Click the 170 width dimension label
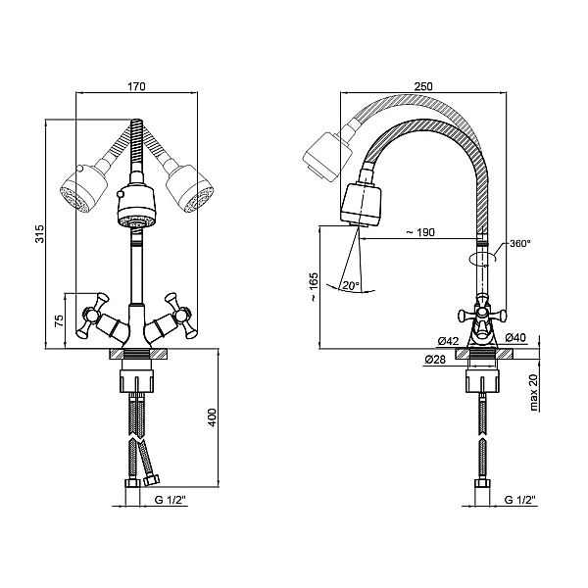(x=136, y=86)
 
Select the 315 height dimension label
(x=40, y=233)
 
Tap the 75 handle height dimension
(x=60, y=321)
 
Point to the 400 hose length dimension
(x=213, y=417)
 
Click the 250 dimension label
(x=423, y=86)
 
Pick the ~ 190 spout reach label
(x=420, y=232)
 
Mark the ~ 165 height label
(x=314, y=286)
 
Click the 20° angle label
(x=351, y=286)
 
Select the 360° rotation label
(x=520, y=243)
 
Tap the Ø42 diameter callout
(x=449, y=341)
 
